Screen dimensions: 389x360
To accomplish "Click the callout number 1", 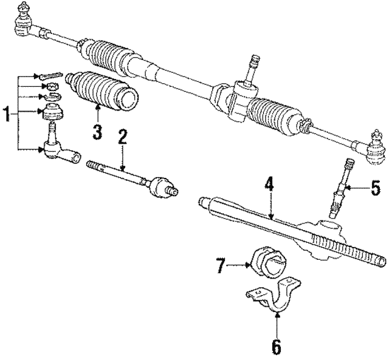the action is click(7, 114).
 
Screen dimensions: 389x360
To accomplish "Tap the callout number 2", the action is click(122, 137).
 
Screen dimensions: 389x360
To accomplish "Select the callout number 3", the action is click(97, 132).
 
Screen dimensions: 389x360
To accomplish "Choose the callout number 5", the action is click(376, 188).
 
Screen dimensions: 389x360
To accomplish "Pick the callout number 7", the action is click(221, 265).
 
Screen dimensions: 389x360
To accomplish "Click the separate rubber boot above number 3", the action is click(102, 90).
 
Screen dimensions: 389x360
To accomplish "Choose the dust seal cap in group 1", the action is click(53, 112).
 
